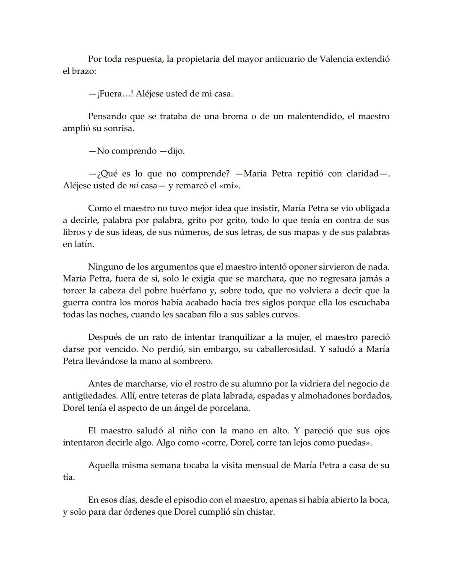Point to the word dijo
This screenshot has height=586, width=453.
tap(176, 151)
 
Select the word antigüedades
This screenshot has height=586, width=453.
tap(89, 396)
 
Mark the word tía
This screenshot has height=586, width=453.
tap(68, 477)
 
